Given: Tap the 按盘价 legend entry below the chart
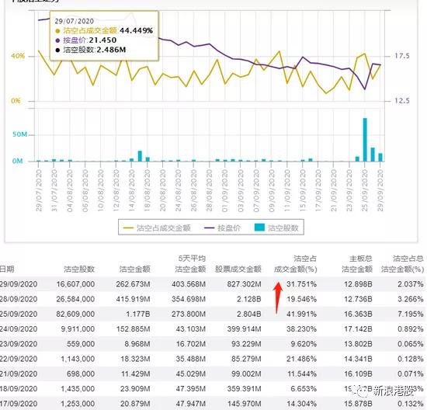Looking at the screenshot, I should pos(225,228).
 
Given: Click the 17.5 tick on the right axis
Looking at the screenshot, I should pos(401,57).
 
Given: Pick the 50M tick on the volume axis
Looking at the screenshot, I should pos(19,134).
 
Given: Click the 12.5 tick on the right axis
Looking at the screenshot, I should pos(401,101).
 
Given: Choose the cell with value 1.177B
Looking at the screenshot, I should pos(140,313).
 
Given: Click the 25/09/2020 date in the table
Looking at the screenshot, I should pos(20,313).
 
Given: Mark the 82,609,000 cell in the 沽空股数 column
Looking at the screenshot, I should pos(76,313).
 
